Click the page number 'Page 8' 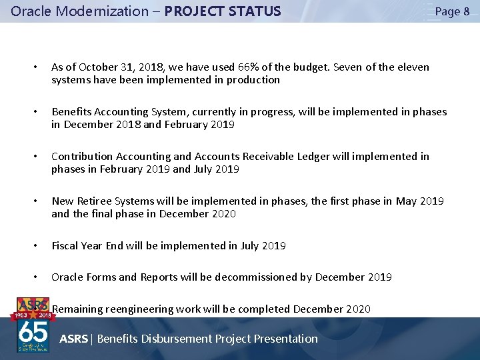click(x=452, y=11)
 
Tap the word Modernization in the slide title click(x=93, y=11)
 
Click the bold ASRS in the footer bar click(x=73, y=339)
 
